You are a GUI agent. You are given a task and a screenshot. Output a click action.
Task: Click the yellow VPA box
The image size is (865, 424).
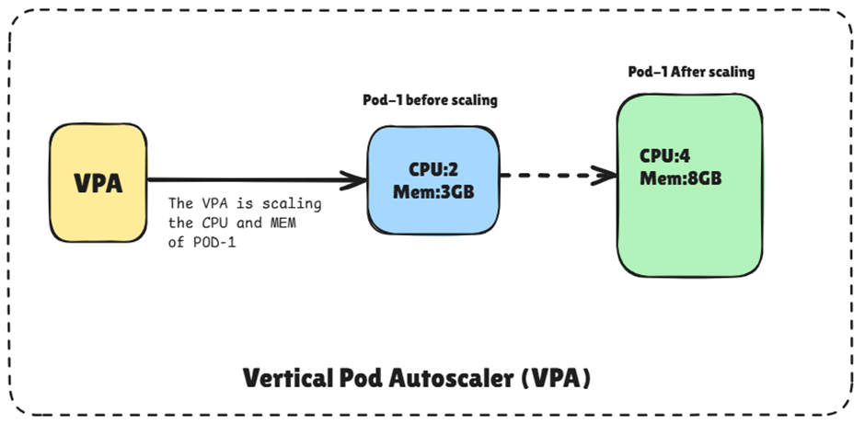98,181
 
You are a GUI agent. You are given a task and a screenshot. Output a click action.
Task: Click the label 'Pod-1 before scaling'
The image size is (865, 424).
430,100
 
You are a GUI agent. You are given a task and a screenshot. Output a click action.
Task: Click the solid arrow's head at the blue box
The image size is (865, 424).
354,179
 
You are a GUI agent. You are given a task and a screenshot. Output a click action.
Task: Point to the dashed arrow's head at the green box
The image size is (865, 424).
607,175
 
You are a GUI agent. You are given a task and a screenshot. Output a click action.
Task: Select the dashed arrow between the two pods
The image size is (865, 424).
552,175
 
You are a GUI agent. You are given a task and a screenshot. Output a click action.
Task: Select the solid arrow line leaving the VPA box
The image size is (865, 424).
239,179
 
